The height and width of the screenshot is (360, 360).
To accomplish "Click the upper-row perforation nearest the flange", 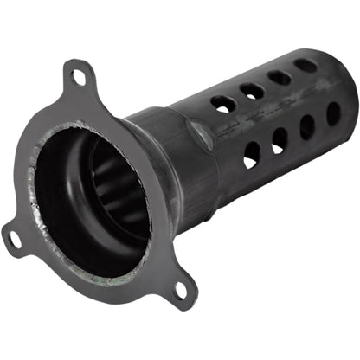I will pyautogui.click(x=223, y=103).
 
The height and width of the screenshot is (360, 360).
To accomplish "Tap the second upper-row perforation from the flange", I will pyautogui.click(x=252, y=90).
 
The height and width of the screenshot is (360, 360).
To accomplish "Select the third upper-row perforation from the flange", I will pyautogui.click(x=279, y=78).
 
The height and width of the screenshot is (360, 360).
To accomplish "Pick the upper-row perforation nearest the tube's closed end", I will pyautogui.click(x=305, y=65).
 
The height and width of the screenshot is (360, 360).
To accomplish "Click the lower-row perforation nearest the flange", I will pyautogui.click(x=252, y=154).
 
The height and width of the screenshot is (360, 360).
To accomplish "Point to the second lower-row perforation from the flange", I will pyautogui.click(x=280, y=140).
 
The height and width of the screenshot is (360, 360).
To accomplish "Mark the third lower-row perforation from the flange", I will pyautogui.click(x=307, y=127).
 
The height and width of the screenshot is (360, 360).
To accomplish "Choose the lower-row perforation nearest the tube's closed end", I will pyautogui.click(x=332, y=113).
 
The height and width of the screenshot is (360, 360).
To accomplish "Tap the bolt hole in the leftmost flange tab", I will pyautogui.click(x=14, y=237).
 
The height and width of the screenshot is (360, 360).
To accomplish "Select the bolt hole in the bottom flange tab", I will pyautogui.click(x=181, y=289).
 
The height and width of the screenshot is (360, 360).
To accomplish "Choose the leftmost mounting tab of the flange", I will pyautogui.click(x=16, y=235).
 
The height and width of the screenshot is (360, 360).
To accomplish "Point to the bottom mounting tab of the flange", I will pyautogui.click(x=180, y=289).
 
